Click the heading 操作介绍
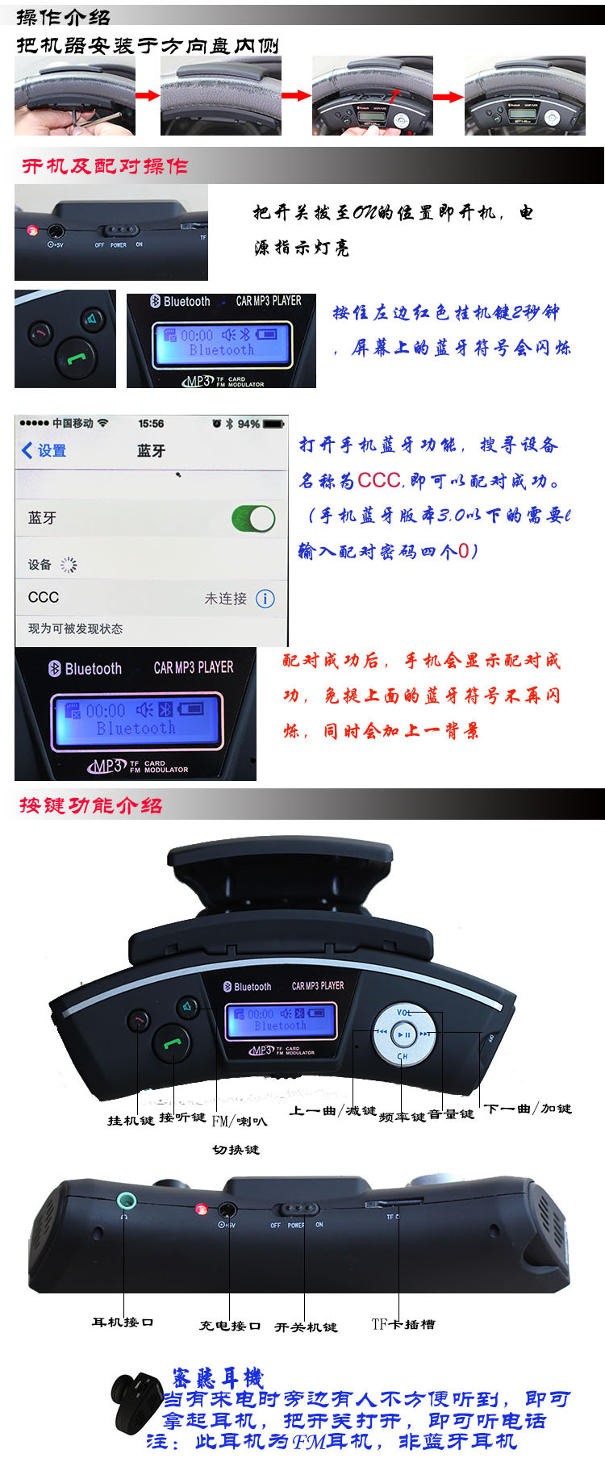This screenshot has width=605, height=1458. point(63,16)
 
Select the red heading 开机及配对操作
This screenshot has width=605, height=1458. point(105,166)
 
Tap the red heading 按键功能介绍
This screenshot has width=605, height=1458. point(90,805)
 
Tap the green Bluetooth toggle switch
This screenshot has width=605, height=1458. point(253,518)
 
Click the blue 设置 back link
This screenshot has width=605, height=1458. point(44,450)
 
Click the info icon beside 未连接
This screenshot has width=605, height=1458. point(265,598)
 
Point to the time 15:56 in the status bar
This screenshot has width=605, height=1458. point(151,424)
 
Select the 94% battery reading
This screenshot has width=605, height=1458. point(248,424)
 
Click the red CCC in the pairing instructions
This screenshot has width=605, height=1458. point(379,480)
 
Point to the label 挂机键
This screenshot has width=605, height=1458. point(131,1120)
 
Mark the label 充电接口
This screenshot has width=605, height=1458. point(230,1326)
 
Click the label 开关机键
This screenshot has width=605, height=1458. point(306,1326)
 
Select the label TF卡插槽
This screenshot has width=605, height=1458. point(403,1324)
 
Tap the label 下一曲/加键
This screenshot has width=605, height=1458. point(528,1109)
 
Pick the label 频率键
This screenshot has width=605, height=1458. point(402,1117)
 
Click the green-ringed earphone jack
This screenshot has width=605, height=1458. point(125,1201)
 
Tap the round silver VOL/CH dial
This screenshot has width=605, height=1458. point(403,1034)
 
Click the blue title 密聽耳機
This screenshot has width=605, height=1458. point(218,1377)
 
